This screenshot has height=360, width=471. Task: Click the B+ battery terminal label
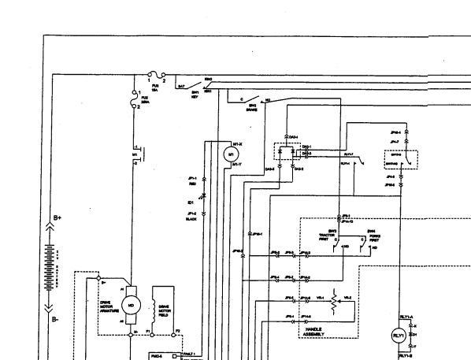[57, 217]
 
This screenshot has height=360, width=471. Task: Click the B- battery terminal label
[55, 319]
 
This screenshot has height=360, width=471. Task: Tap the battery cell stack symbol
[52, 267]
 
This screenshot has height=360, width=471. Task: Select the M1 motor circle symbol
[231, 154]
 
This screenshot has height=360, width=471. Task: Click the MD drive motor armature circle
[132, 304]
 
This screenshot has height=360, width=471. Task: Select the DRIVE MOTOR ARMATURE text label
[108, 305]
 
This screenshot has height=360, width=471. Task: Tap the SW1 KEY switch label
[195, 93]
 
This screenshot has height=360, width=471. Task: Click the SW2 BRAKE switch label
[253, 107]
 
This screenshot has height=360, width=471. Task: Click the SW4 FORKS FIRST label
[373, 234]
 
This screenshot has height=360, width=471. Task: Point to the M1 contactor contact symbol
[135, 150]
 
